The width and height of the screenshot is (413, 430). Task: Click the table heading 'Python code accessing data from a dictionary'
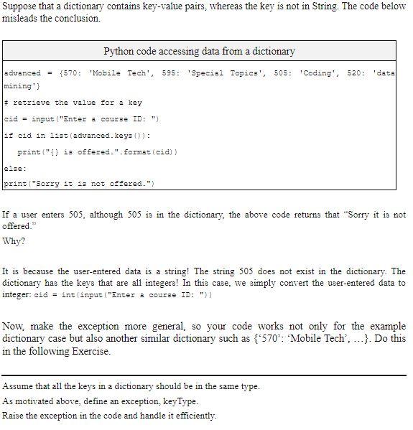(199, 51)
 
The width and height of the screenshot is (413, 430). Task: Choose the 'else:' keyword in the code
(15, 168)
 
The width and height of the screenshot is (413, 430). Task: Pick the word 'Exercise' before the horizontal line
(89, 351)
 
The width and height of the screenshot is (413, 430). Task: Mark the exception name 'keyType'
(182, 401)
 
